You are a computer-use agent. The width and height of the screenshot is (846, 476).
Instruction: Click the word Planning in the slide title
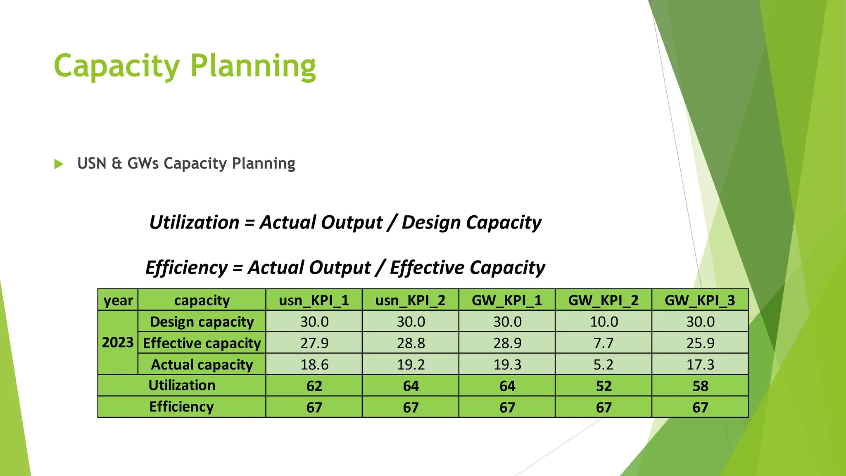click(x=253, y=66)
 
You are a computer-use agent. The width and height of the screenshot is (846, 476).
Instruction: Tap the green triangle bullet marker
click(x=59, y=164)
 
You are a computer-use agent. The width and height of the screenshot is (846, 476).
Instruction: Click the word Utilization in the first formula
click(x=194, y=223)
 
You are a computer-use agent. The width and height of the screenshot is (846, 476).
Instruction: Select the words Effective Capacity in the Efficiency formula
click(x=467, y=268)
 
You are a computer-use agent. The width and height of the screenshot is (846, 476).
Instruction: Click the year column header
click(x=118, y=300)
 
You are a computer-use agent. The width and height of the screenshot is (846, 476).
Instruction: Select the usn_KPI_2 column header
click(x=410, y=300)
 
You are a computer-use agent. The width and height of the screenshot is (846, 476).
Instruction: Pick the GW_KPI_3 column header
click(x=700, y=300)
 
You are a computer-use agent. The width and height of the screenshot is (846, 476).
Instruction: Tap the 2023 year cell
click(x=118, y=343)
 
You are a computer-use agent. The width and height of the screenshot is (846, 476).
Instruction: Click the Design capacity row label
click(x=202, y=322)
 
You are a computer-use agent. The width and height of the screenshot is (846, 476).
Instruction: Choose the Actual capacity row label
click(x=202, y=365)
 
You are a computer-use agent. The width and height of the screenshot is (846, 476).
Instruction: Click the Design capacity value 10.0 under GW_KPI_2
click(x=604, y=322)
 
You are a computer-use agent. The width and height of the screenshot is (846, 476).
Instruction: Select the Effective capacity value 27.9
click(x=314, y=343)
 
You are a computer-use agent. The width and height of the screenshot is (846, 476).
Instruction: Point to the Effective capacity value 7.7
click(x=604, y=343)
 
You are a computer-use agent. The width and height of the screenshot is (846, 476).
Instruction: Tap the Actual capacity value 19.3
click(x=507, y=365)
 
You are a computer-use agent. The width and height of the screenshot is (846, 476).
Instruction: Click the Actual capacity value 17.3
click(x=700, y=365)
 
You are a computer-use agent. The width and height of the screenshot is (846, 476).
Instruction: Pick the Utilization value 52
click(x=604, y=386)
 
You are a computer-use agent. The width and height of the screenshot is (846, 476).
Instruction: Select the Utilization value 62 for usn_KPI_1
click(x=314, y=386)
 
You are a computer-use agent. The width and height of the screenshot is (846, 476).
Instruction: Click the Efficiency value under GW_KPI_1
click(x=507, y=408)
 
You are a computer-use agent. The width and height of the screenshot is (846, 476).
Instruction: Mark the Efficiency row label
click(x=181, y=407)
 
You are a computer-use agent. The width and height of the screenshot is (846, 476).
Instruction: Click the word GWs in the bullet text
click(x=143, y=164)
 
